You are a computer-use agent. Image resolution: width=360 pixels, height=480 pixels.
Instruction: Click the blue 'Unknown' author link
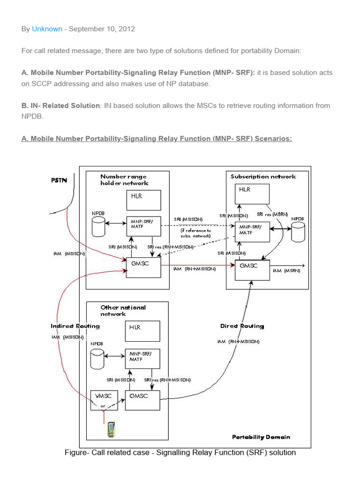pos(47,29)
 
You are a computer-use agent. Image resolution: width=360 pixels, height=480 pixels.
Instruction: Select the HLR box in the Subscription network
pos(252,194)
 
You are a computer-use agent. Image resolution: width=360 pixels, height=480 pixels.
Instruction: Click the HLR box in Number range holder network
pos(143,200)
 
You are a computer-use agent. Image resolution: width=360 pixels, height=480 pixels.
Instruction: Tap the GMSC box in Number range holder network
pos(143,268)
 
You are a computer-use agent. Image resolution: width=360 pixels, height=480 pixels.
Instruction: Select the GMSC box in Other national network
pos(142,400)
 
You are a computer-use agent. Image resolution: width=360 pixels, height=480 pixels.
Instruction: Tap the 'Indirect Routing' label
pos(75,326)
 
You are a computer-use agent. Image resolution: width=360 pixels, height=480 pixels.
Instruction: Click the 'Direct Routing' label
pos(242,326)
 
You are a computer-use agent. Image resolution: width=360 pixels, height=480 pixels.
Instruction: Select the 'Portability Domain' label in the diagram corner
pos(261,437)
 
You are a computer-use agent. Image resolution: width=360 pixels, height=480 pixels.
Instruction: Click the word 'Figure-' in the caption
pos(77,453)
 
